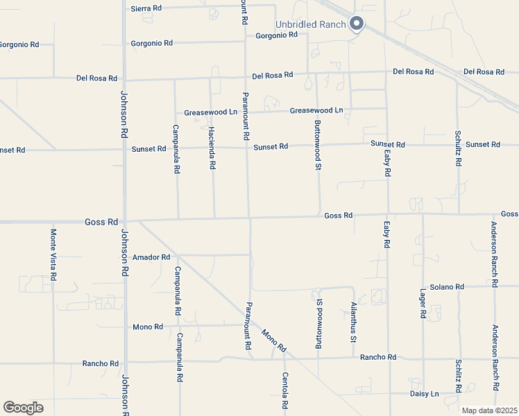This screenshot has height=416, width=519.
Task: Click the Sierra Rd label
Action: point(146,8)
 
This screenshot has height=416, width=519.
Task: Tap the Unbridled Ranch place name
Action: point(309,24)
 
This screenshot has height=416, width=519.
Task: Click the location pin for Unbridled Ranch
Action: point(357,24)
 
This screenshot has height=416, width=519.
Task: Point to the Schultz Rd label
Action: point(459,148)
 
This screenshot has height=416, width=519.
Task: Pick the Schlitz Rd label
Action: point(459,376)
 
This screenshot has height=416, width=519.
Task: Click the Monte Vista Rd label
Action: point(53,255)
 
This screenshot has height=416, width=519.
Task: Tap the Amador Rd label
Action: point(151,257)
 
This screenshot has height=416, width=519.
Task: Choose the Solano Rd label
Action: point(446,287)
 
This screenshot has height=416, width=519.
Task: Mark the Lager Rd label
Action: point(423,304)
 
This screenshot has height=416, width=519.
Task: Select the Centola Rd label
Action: point(284,390)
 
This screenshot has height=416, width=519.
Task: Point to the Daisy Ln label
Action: point(424,394)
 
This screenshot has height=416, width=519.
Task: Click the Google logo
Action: point(23,408)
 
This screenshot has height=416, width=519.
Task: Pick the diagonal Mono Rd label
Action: point(274,340)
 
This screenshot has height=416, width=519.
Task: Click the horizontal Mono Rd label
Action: point(148,327)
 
